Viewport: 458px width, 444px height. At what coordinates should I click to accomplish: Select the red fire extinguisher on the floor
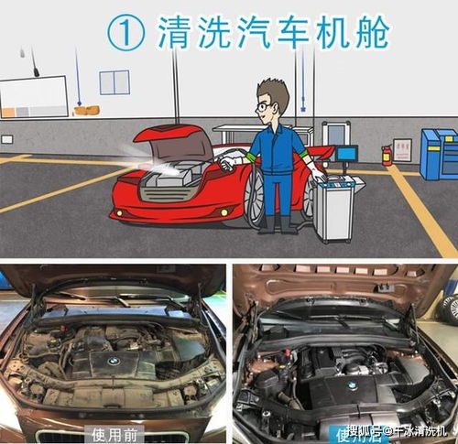tap(387, 153)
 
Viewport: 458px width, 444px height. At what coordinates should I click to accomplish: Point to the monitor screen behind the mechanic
tap(346, 155)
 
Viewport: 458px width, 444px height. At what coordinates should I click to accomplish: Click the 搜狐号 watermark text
tap(364, 430)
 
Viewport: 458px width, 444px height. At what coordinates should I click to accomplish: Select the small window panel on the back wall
tap(114, 82)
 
